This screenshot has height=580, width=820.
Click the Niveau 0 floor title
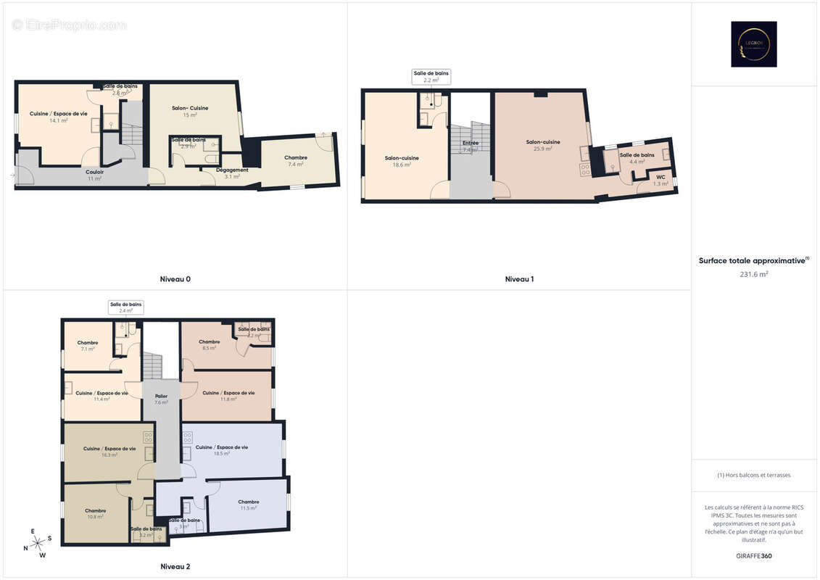(x=175, y=279)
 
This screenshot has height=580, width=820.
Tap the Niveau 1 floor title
(x=519, y=279)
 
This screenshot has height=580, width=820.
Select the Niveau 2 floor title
(x=175, y=566)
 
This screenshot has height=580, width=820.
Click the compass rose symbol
(x=38, y=543)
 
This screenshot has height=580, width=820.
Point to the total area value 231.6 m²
(x=754, y=274)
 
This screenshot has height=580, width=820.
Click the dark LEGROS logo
(x=753, y=44)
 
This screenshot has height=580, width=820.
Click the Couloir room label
(x=95, y=172)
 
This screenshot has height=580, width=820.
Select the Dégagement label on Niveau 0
(x=232, y=170)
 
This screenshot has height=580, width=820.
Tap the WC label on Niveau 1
(x=660, y=177)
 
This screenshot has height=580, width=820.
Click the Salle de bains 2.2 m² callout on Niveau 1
(x=431, y=77)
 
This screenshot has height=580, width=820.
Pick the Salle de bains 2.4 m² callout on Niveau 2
(x=125, y=307)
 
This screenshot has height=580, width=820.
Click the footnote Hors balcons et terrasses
(x=754, y=476)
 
